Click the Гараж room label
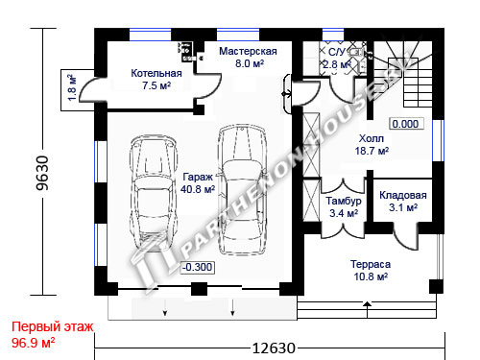pyautogui.click(x=198, y=177)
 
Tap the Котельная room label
pyautogui.click(x=156, y=73)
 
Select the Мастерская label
pyautogui.click(x=248, y=51)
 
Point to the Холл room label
pyautogui.click(x=372, y=138)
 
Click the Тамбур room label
pyautogui.click(x=344, y=201)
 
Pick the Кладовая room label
pyautogui.click(x=403, y=195)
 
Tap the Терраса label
pyautogui.click(x=371, y=264)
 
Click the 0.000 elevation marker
pyautogui.click(x=406, y=124)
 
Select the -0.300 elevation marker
pyautogui.click(x=198, y=267)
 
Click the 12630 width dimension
pyautogui.click(x=274, y=348)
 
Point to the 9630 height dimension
pyautogui.click(x=42, y=173)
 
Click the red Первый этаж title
pyautogui.click(x=53, y=326)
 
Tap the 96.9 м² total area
pyautogui.click(x=34, y=343)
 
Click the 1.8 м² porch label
pyautogui.click(x=72, y=87)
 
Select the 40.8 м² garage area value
pyautogui.click(x=198, y=189)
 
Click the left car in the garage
pyautogui.click(x=154, y=192)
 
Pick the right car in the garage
pyautogui.click(x=242, y=189)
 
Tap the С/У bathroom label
pyautogui.click(x=337, y=52)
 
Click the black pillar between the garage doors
pyautogui.click(x=199, y=289)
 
